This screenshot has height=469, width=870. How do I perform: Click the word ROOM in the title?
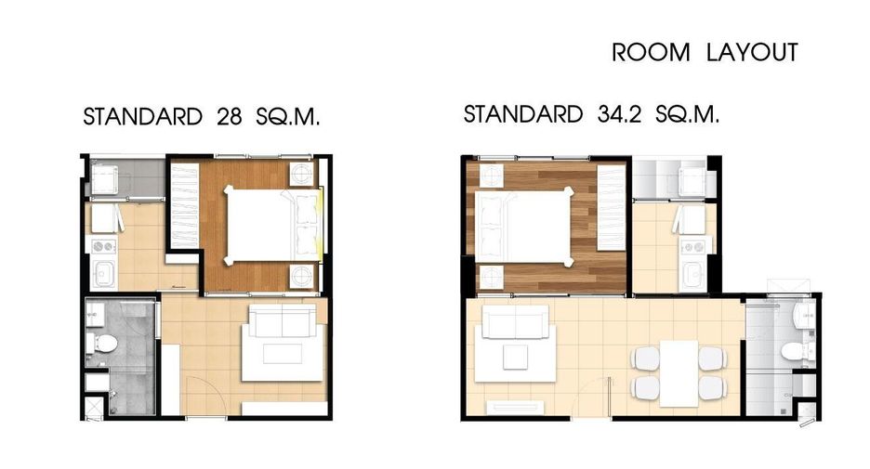tap(651, 53)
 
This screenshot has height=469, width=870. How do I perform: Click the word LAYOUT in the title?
tap(752, 52)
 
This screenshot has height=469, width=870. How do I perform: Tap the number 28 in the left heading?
tap(230, 116)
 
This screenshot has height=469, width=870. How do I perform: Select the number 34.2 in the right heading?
tap(619, 114)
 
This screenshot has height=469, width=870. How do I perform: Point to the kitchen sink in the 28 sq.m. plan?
tap(104, 273)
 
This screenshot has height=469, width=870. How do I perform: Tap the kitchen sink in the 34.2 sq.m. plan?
tap(693, 274)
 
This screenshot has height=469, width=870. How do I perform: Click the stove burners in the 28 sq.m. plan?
tap(104, 246)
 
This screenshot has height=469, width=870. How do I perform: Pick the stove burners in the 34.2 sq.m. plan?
tap(693, 247)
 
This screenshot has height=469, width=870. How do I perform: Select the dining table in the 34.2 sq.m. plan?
tap(679, 373)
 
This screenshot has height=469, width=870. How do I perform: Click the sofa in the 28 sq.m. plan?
tap(283, 320)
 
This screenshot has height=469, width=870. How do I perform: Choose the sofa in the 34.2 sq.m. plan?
tap(516, 321)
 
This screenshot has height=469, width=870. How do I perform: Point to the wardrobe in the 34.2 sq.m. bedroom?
tap(611, 207)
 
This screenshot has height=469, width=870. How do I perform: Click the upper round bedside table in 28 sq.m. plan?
tap(302, 174)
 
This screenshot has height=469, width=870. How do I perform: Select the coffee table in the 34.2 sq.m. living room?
tap(516, 357)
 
